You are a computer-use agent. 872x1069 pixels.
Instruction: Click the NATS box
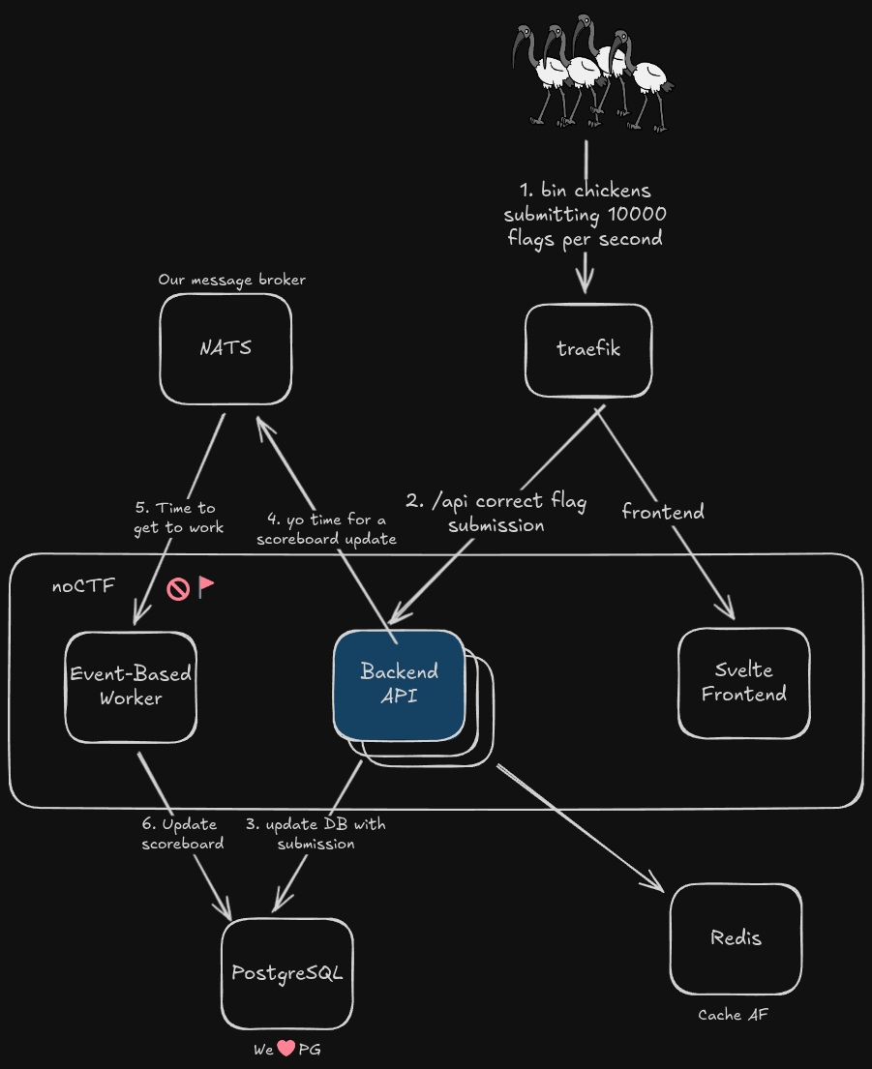[x=226, y=348]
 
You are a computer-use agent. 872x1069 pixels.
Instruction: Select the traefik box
[x=588, y=349]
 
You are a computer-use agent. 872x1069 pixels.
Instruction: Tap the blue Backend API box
[x=399, y=683]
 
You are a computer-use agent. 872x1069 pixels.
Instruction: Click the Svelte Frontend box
[x=743, y=682]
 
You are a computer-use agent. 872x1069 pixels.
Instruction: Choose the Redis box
[x=736, y=938]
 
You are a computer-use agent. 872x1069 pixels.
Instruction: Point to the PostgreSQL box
[x=286, y=973]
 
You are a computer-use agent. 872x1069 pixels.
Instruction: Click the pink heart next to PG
[x=286, y=1049]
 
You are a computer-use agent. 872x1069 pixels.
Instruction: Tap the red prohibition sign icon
[x=177, y=588]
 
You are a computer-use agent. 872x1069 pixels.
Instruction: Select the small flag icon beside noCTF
[x=206, y=586]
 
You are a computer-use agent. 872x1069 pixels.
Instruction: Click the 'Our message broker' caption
[x=232, y=280]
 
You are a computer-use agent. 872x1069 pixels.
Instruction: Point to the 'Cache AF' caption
[x=734, y=1015]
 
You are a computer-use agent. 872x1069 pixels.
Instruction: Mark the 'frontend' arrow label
[x=663, y=511]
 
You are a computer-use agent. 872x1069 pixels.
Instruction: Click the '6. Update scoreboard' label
[x=183, y=833]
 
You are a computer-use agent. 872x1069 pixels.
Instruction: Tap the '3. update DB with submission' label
[x=316, y=833]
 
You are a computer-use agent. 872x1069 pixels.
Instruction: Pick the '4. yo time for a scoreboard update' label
[x=327, y=529]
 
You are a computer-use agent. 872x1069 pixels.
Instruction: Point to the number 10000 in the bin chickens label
[x=634, y=214]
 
